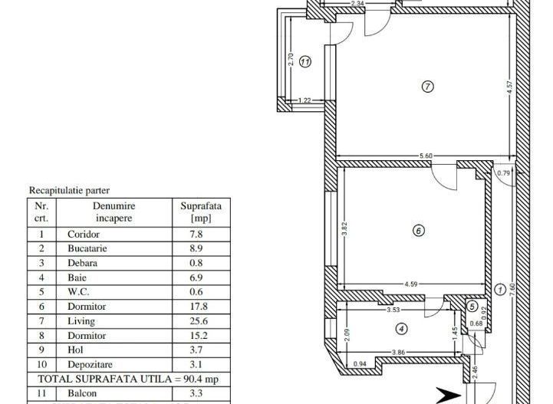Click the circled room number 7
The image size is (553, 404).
[x=428, y=87]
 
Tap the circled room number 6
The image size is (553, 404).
[x=418, y=230]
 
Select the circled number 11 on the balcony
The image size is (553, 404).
[x=305, y=62]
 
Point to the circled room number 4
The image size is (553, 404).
[x=403, y=329]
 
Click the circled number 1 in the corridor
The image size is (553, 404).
[x=500, y=290]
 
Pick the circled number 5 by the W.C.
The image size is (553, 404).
[x=472, y=306]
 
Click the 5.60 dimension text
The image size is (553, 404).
[x=426, y=156]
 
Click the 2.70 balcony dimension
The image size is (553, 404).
[x=291, y=58]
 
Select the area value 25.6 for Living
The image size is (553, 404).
[x=196, y=321]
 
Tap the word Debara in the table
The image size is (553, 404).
[x=82, y=263]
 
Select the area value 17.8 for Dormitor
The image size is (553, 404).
[x=196, y=307]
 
